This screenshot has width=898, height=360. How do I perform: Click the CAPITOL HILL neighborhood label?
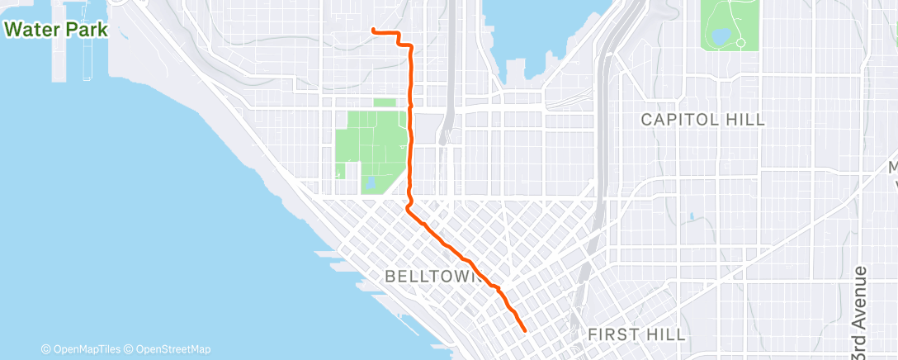703,120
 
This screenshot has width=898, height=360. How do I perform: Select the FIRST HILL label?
636,334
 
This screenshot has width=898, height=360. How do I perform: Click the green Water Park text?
57,30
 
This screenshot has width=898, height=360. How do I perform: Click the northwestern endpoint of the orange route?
374,31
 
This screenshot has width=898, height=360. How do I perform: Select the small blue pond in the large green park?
369,182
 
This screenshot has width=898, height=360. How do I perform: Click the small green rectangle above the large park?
385,103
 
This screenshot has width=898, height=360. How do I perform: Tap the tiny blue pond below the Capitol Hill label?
688,216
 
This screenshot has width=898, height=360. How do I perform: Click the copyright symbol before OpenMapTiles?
45,349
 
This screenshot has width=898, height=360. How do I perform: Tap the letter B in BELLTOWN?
390,276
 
